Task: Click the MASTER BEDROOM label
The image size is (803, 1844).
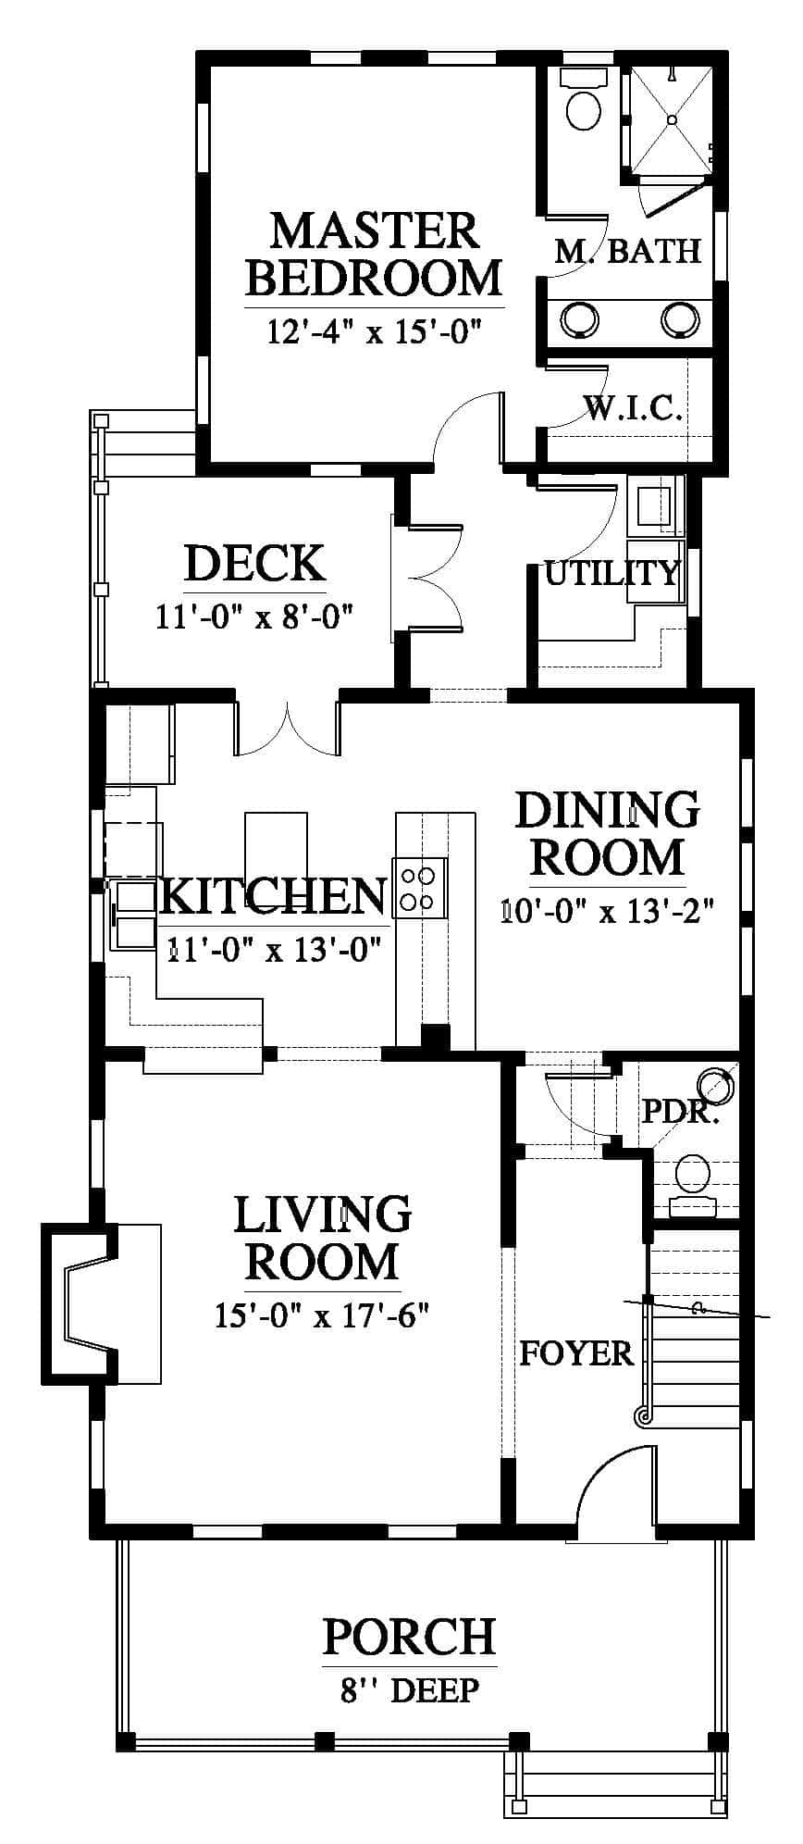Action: tap(375, 254)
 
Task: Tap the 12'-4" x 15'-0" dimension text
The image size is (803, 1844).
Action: tap(376, 330)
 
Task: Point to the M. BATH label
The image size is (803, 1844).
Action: tap(628, 251)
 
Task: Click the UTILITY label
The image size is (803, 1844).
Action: tap(612, 573)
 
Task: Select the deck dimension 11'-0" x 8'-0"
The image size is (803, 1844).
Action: tap(255, 616)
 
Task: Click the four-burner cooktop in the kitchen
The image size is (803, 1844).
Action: tap(420, 887)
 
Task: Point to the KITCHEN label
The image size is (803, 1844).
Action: tap(274, 895)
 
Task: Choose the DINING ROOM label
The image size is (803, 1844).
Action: tap(607, 833)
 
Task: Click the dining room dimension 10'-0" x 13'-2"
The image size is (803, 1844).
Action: tap(608, 911)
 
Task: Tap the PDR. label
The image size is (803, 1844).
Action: tap(681, 1111)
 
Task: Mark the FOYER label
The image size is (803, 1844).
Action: tap(576, 1353)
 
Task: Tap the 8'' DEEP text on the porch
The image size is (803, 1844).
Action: tap(410, 1690)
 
